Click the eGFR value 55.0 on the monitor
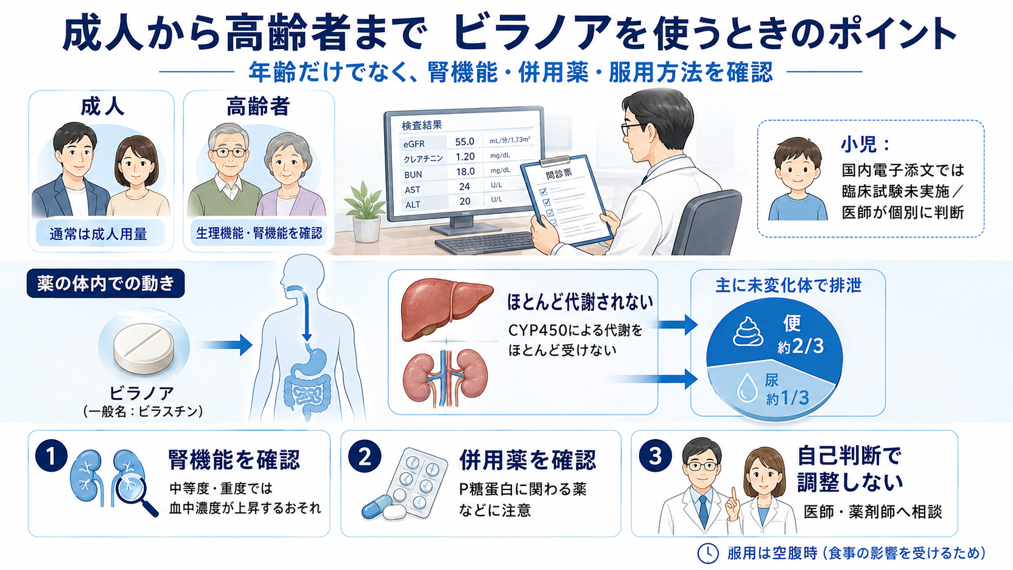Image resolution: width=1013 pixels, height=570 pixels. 465,142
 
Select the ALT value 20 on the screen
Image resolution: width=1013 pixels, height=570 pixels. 465,201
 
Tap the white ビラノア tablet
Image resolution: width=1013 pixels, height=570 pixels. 144,347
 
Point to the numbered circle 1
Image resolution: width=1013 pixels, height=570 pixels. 51,456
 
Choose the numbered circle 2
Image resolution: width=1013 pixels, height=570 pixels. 365,457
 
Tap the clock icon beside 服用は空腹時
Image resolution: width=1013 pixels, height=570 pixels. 708,553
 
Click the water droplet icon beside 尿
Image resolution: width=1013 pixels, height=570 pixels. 747,388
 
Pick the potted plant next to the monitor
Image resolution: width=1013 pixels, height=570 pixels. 365,211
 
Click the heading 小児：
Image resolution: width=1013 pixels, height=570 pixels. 865,144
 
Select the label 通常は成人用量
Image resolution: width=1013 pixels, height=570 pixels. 98,234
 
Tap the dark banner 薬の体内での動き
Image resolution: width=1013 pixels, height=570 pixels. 105,283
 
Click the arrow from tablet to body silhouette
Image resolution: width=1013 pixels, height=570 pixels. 225,345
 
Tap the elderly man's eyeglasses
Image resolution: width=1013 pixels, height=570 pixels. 230,152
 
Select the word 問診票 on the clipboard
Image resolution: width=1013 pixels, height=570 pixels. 559,173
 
